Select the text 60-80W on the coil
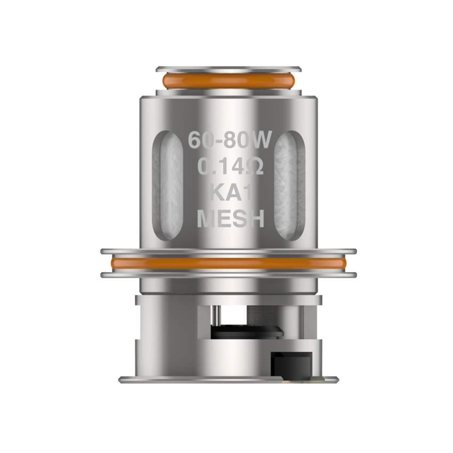230,141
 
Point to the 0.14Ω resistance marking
230,167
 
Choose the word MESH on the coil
230,219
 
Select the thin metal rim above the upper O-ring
228,69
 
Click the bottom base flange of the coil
228,380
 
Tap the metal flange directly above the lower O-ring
228,251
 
